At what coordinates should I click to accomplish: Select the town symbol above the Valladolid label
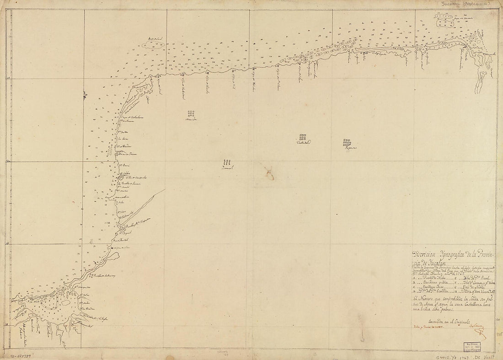(x=302, y=136)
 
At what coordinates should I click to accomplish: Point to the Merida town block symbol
(x=190, y=113)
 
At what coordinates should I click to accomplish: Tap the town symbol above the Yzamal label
(x=227, y=161)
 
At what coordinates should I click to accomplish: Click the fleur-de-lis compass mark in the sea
(x=85, y=95)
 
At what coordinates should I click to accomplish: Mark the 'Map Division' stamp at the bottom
(x=476, y=345)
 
